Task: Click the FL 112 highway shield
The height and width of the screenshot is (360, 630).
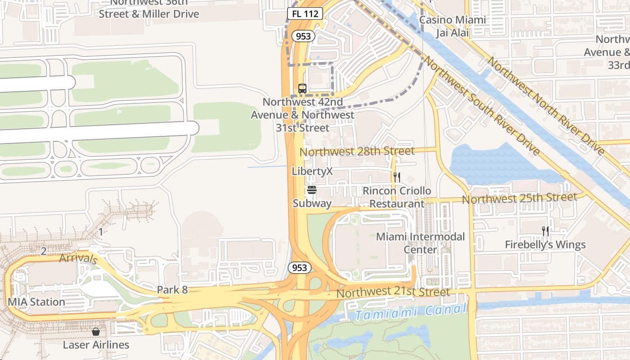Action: (x=305, y=14)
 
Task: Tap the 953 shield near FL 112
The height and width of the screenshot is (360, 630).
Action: (x=303, y=36)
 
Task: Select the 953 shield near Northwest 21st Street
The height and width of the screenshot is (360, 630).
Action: (x=299, y=268)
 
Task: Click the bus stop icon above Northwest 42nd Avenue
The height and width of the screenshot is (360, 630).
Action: (x=302, y=88)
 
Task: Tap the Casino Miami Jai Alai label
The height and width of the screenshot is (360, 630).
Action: (x=452, y=26)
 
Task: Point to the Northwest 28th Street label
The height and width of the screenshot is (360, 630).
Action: (x=357, y=151)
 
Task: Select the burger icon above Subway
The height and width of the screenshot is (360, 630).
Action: (x=312, y=190)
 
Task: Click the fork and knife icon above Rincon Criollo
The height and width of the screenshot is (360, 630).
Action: (x=396, y=177)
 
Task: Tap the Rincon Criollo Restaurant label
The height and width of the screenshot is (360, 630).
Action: (x=396, y=197)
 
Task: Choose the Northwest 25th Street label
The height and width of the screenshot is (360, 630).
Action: (x=519, y=198)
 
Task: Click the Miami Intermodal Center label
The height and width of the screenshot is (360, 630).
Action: (x=420, y=243)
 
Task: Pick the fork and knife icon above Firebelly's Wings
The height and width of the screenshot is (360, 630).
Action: (x=545, y=231)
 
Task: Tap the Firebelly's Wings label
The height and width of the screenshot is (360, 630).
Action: (x=545, y=245)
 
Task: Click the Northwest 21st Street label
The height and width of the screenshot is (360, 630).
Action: (x=393, y=292)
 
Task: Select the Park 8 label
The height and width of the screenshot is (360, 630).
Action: (x=172, y=290)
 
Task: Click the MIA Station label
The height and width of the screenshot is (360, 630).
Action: (x=36, y=302)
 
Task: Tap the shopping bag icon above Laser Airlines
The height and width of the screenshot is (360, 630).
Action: (x=96, y=332)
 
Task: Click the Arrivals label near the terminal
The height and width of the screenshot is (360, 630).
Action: (x=78, y=259)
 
